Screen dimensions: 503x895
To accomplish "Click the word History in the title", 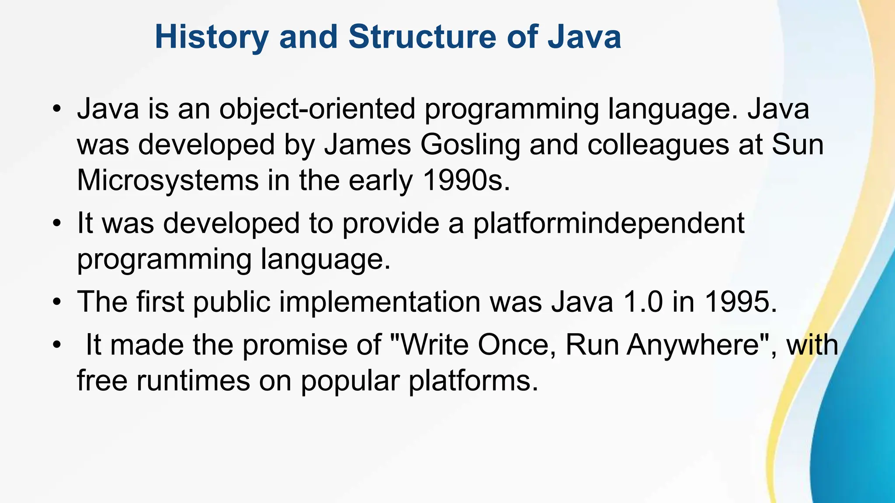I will pyautogui.click(x=212, y=37).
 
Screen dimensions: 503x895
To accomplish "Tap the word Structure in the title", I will pyautogui.click(x=422, y=37).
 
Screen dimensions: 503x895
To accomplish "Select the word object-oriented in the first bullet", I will pyautogui.click(x=317, y=109).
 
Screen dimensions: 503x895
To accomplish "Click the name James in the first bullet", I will pyautogui.click(x=367, y=145).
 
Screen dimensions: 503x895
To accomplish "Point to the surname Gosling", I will pyautogui.click(x=470, y=145).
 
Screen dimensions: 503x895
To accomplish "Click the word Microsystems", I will pyautogui.click(x=168, y=180).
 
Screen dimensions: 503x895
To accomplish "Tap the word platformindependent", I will pyautogui.click(x=609, y=224).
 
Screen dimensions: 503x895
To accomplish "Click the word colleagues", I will pyautogui.click(x=658, y=145).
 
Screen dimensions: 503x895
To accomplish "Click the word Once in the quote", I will pyautogui.click(x=517, y=345).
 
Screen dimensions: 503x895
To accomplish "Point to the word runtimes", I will pyautogui.click(x=193, y=381).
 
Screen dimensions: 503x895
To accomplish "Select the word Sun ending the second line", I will pyautogui.click(x=797, y=145).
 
